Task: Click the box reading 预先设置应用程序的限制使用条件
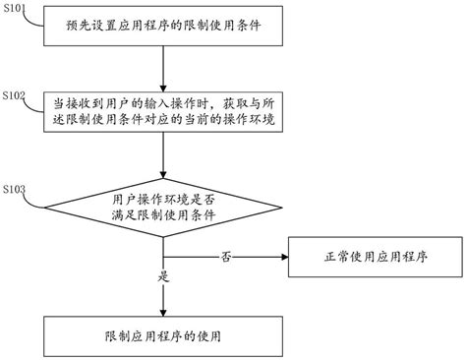point(163,24)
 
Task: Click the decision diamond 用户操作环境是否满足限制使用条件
point(163,207)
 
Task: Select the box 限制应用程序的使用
point(163,334)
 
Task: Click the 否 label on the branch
point(225,256)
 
